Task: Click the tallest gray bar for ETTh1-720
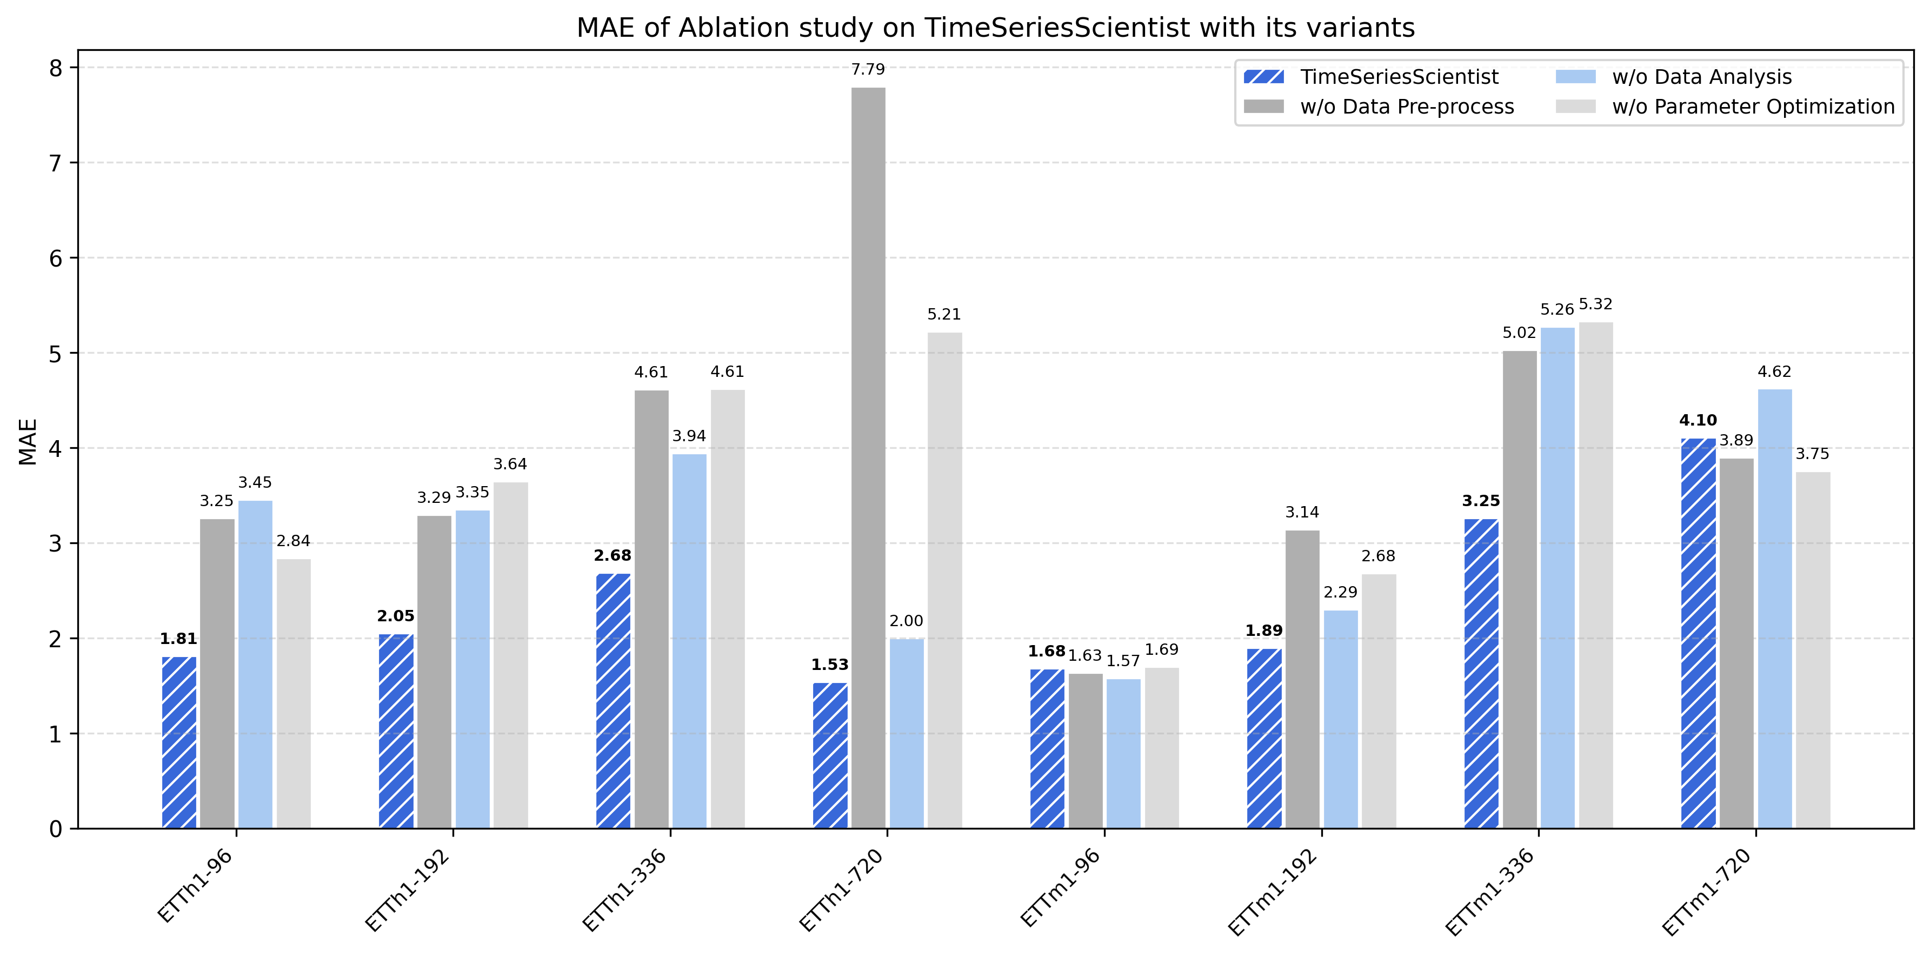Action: point(868,457)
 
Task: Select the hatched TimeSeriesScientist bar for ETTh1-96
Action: point(179,742)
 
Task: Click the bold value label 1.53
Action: point(829,665)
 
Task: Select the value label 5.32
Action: point(1595,304)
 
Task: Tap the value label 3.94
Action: point(689,436)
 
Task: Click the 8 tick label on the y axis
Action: point(56,68)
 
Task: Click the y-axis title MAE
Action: point(28,441)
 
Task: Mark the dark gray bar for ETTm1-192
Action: point(1302,679)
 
